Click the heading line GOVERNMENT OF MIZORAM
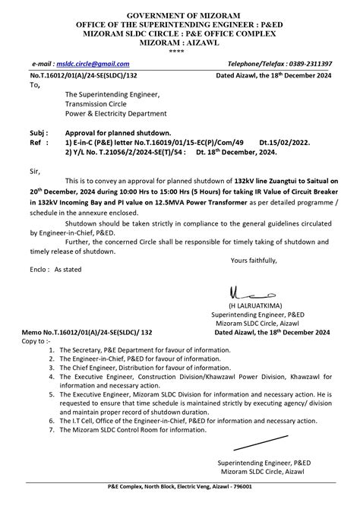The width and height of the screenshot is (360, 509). pyautogui.click(x=180, y=15)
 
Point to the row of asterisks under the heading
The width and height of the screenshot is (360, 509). pyautogui.click(x=179, y=52)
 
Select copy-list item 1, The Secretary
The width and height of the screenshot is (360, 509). pyautogui.click(x=134, y=349)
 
